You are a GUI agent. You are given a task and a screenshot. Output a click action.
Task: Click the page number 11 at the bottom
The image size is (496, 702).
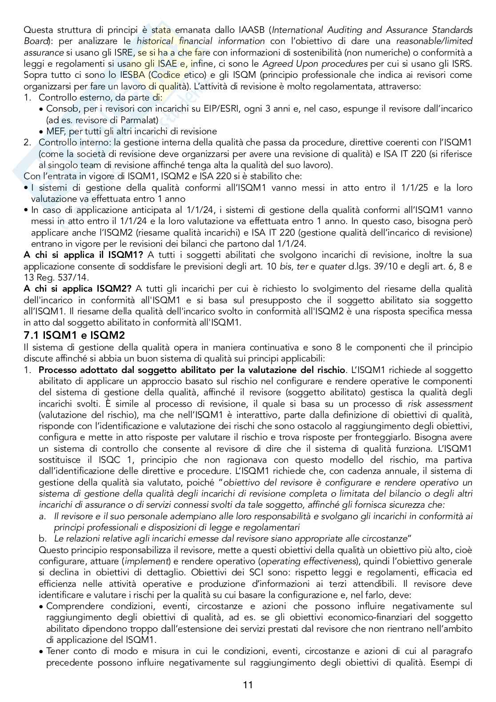248,685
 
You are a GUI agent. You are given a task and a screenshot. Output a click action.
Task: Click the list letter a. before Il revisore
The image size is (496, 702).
43,516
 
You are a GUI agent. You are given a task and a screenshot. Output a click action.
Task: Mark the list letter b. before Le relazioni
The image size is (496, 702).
43,538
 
